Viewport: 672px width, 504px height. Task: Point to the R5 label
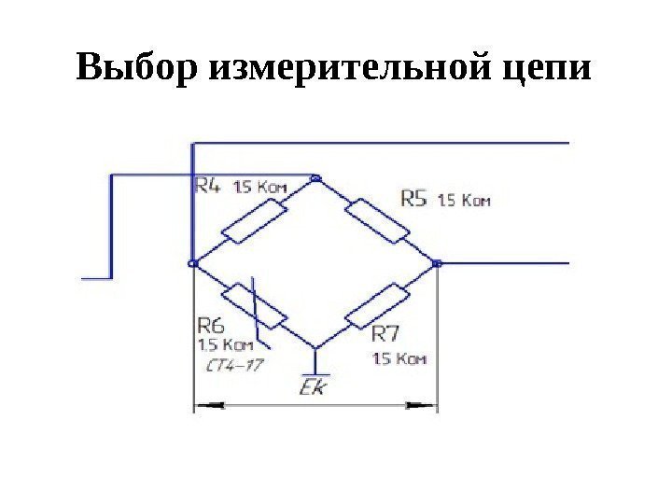pos(413,199)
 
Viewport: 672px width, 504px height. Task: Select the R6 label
pos(212,326)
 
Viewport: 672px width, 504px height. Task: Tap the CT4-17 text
pos(233,366)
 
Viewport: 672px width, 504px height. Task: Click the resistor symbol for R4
pos(254,219)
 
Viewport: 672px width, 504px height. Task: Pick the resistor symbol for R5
pos(378,220)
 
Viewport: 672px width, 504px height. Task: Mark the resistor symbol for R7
pos(377,306)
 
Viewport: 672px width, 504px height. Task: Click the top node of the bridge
pos(316,176)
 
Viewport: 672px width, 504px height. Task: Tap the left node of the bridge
pos(192,263)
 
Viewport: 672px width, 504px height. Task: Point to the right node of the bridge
pos(438,263)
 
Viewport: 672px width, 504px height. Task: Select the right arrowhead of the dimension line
pos(426,406)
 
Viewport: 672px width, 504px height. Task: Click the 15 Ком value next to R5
pos(464,200)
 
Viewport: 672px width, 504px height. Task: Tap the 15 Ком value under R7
pos(400,357)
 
